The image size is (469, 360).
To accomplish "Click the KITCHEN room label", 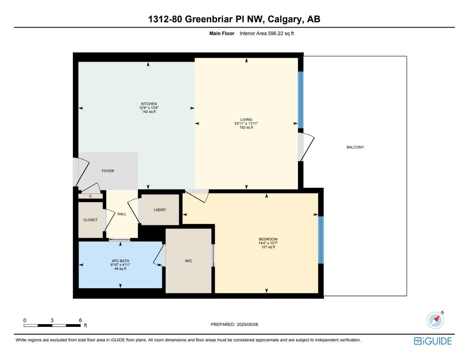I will [x=149, y=104].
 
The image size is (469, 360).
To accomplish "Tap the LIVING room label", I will [x=246, y=120].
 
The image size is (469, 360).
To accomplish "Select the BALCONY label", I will [x=355, y=147].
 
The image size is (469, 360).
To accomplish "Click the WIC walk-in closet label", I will [x=188, y=261].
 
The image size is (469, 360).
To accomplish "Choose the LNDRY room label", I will [x=160, y=210].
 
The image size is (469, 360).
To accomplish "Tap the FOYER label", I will [x=108, y=171].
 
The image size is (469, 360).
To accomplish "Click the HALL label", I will [x=122, y=214].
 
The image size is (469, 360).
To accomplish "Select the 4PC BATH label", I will [x=120, y=261].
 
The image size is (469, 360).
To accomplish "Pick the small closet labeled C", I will [x=90, y=196].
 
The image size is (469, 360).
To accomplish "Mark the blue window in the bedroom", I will [x=321, y=240].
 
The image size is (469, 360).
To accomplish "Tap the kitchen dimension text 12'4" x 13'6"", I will [x=149, y=108].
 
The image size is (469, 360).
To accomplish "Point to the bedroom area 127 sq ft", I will [x=266, y=247].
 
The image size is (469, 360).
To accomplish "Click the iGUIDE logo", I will [x=433, y=341].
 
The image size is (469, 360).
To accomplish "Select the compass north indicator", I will [x=436, y=320].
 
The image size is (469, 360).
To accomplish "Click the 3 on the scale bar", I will [x=52, y=320].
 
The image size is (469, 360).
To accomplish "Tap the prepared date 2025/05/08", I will [x=246, y=324].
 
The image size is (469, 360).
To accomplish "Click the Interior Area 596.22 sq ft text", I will [x=266, y=33].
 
